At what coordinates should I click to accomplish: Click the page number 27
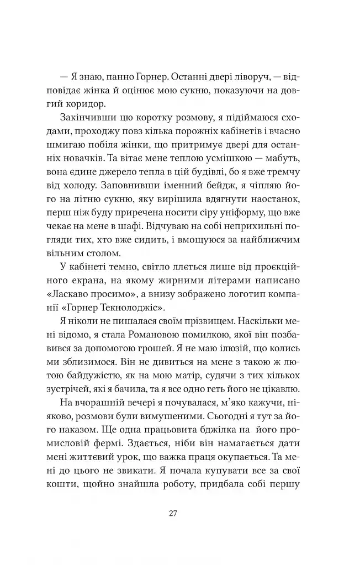173,513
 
